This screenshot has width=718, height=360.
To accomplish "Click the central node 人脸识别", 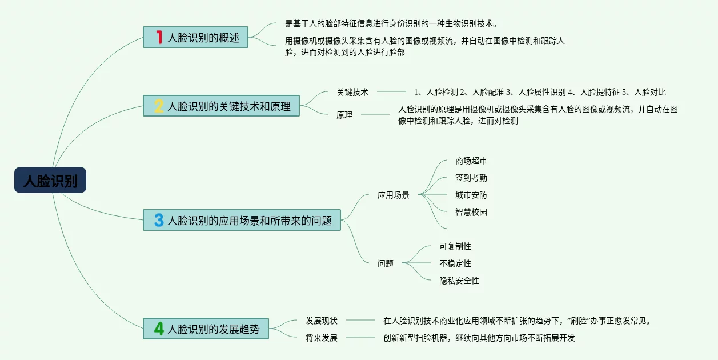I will pyautogui.click(x=50, y=180).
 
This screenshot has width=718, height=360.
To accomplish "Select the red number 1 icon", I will pyautogui.click(x=159, y=38).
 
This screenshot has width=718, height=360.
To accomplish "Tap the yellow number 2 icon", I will pyautogui.click(x=159, y=106).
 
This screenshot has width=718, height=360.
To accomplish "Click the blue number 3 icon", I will pyautogui.click(x=159, y=220).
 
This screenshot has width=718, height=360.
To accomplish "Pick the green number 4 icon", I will pyautogui.click(x=159, y=329).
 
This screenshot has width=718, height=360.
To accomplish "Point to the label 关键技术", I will pyautogui.click(x=352, y=92).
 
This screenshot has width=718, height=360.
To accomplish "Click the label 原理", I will pyautogui.click(x=344, y=115).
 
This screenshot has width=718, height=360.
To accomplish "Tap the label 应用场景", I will pyautogui.click(x=394, y=195).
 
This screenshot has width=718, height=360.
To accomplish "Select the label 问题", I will pyautogui.click(x=386, y=263).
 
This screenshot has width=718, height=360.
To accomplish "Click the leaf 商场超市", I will pyautogui.click(x=471, y=161).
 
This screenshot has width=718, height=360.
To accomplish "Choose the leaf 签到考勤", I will pyautogui.click(x=471, y=178).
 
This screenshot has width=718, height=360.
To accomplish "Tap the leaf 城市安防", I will pyautogui.click(x=471, y=195).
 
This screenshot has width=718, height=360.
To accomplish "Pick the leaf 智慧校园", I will pyautogui.click(x=471, y=212).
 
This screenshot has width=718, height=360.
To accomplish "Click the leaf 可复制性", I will pyautogui.click(x=455, y=246).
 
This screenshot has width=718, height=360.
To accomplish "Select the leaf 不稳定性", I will pyautogui.click(x=455, y=263).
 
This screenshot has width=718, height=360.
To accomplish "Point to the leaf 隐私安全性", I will pyautogui.click(x=459, y=281).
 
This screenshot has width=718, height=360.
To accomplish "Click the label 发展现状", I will pyautogui.click(x=322, y=321).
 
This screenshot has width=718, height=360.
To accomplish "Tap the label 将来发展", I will pyautogui.click(x=322, y=338).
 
